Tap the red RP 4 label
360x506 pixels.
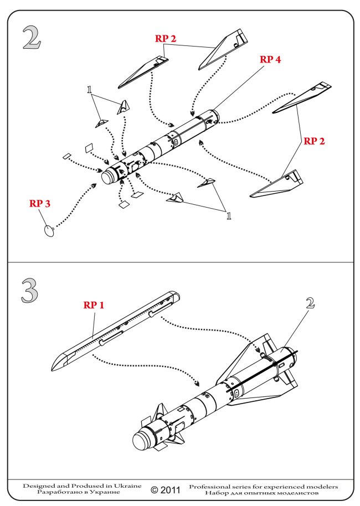270,60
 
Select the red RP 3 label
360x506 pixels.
40,204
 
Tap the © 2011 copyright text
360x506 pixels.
164,490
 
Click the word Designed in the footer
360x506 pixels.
39,486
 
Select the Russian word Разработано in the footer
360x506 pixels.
55,492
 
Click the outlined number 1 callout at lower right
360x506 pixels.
228,215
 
